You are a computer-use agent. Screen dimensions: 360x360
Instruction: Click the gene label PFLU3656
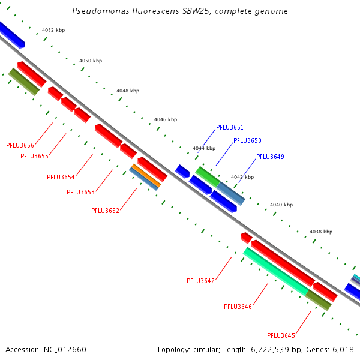point(20,145)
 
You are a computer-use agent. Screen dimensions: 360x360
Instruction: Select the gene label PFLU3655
point(34,156)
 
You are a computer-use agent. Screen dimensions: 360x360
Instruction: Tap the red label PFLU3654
point(61,177)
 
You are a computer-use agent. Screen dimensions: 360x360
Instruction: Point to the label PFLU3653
point(80,192)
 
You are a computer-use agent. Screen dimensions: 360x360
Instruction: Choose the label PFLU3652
point(105,211)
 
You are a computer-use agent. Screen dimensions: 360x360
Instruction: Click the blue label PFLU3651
point(230,127)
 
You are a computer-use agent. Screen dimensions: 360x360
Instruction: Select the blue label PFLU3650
point(247,140)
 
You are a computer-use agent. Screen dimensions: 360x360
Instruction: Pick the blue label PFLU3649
point(270,157)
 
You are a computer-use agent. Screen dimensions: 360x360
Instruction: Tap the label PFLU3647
point(200,281)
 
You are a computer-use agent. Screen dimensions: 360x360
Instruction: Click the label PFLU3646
point(238,307)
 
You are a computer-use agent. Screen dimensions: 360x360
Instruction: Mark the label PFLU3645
point(281,335)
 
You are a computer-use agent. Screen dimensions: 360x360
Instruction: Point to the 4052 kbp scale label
point(53,30)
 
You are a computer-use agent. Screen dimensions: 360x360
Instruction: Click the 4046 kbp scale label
point(166,119)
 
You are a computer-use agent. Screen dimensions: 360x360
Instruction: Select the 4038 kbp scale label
point(320,231)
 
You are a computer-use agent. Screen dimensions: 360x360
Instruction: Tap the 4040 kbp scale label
point(281,205)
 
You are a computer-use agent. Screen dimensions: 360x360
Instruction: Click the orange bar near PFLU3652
point(146,175)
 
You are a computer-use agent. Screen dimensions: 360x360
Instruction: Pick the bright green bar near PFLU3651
point(208,176)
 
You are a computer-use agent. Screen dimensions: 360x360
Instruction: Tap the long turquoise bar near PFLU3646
point(275,271)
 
